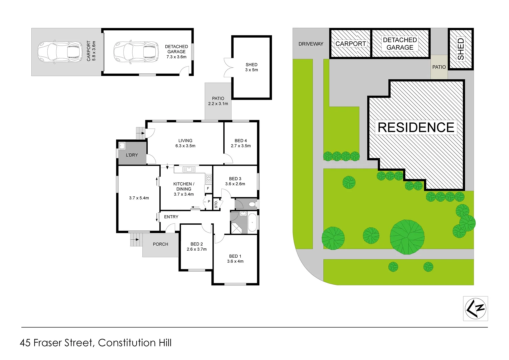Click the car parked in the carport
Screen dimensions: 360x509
pyautogui.click(x=60, y=52)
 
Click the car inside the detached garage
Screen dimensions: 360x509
pyautogui.click(x=136, y=52)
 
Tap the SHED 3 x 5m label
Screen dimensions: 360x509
pyautogui.click(x=251, y=67)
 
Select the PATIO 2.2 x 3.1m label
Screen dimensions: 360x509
pyautogui.click(x=218, y=101)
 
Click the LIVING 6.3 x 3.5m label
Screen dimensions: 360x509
pyautogui.click(x=185, y=143)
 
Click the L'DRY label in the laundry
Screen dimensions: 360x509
pyautogui.click(x=132, y=155)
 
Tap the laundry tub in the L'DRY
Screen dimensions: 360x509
pyautogui.click(x=122, y=145)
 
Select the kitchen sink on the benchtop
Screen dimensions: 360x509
pyautogui.click(x=189, y=170)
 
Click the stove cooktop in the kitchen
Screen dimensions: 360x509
pyautogui.click(x=209, y=178)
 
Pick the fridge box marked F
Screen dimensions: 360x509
pyautogui.click(x=208, y=189)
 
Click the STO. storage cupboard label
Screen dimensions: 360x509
pyautogui.click(x=216, y=204)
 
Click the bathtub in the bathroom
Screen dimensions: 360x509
pyautogui.click(x=252, y=223)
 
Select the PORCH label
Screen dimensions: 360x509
pyautogui.click(x=160, y=244)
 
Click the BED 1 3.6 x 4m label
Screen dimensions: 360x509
pyautogui.click(x=235, y=259)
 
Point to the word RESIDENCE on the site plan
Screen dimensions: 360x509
pyautogui.click(x=416, y=127)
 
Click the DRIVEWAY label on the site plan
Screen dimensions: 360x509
pyautogui.click(x=311, y=44)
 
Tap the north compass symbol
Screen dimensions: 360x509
pyautogui.click(x=475, y=309)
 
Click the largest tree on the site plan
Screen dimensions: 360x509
pyautogui.click(x=407, y=237)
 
